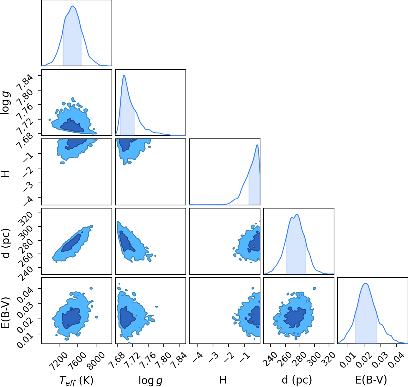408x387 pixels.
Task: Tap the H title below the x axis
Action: point(223,380)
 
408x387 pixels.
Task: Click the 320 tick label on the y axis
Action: point(26,219)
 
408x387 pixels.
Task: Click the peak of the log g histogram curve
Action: point(124,75)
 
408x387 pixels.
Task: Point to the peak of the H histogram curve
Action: point(257,144)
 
